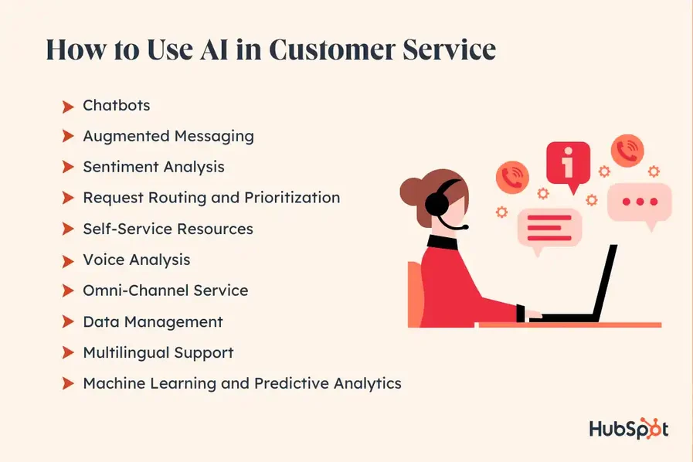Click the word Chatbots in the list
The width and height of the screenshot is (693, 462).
click(116, 105)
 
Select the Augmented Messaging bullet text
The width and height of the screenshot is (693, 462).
click(168, 136)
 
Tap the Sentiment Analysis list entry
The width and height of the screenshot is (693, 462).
click(153, 167)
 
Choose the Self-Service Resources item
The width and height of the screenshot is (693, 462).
click(168, 229)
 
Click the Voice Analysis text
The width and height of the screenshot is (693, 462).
click(136, 260)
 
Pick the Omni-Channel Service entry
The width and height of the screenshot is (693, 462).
click(165, 290)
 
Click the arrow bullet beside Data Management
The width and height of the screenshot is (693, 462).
click(68, 322)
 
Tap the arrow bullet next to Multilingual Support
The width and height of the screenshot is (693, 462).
click(68, 353)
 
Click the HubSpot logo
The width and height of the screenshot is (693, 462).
click(628, 429)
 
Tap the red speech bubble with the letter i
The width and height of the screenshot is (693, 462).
click(568, 165)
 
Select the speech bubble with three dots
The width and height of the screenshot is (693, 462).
click(639, 202)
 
